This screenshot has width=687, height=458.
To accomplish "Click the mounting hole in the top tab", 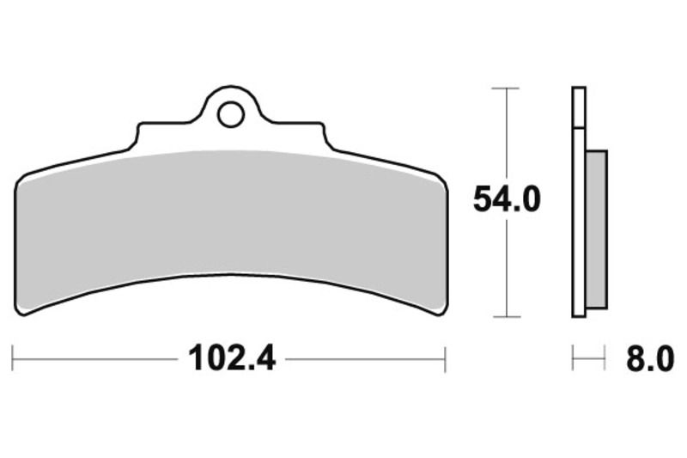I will coord(230,113).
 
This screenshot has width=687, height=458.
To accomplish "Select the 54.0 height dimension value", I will coord(507,201).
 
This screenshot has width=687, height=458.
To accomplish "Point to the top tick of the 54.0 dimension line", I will coord(507,88).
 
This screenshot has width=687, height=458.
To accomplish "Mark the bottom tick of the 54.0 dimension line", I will coord(507,315).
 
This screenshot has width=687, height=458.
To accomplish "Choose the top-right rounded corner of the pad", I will coord(440,180).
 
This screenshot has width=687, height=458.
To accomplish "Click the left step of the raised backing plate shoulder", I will coord(138,135).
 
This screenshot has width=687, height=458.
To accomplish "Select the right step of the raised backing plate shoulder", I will coord(324,135).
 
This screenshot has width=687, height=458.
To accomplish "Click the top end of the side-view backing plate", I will coord(579,89).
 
